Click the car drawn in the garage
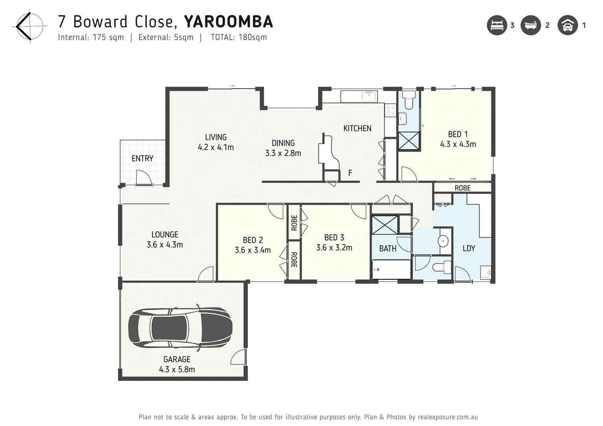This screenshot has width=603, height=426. (x=180, y=327)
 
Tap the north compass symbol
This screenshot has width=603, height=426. (x=29, y=27)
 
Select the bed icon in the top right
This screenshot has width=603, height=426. (x=497, y=26)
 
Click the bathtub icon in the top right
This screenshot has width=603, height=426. (x=531, y=26)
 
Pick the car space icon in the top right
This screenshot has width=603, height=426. (x=567, y=26)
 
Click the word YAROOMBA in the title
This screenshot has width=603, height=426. (x=228, y=22)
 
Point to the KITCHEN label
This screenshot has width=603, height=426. (x=357, y=128)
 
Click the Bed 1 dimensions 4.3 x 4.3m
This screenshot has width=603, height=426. (x=458, y=144)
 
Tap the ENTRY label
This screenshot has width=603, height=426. (x=142, y=159)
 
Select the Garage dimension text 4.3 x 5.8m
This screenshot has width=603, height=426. (x=177, y=369)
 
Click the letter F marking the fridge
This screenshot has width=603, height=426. (x=350, y=173)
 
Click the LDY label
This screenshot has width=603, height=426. (x=469, y=249)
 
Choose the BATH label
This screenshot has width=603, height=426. (x=388, y=249)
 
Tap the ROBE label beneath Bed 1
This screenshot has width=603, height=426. (x=462, y=188)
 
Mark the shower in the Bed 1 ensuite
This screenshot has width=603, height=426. (x=409, y=141)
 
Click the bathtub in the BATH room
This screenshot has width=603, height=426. (x=392, y=270)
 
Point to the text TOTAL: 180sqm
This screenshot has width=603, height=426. (x=239, y=37)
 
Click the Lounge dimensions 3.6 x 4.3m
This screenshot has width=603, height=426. (x=165, y=245)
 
